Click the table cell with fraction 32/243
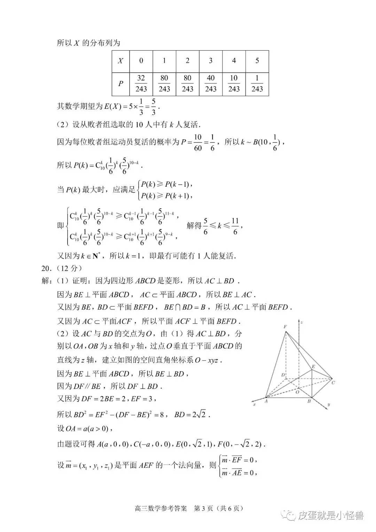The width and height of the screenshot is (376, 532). (x=141, y=84)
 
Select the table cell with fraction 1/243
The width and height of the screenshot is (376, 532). (x=257, y=84)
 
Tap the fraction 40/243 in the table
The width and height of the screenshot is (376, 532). (x=211, y=84)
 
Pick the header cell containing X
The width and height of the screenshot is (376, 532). (x=120, y=61)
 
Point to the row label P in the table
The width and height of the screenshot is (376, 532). (x=120, y=84)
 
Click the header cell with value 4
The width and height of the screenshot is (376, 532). (x=234, y=61)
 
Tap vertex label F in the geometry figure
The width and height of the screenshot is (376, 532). (x=285, y=326)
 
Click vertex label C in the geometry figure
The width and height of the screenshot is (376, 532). (x=333, y=383)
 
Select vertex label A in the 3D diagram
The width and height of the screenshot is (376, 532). (x=266, y=401)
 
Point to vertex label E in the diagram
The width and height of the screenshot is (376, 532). (x=313, y=367)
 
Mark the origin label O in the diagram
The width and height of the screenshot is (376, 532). (x=297, y=392)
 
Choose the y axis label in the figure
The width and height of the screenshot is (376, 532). (x=328, y=405)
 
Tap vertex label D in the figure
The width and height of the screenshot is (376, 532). (x=283, y=375)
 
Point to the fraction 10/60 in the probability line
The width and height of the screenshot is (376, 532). (x=197, y=142)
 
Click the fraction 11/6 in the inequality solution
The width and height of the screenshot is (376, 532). (x=235, y=226)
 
